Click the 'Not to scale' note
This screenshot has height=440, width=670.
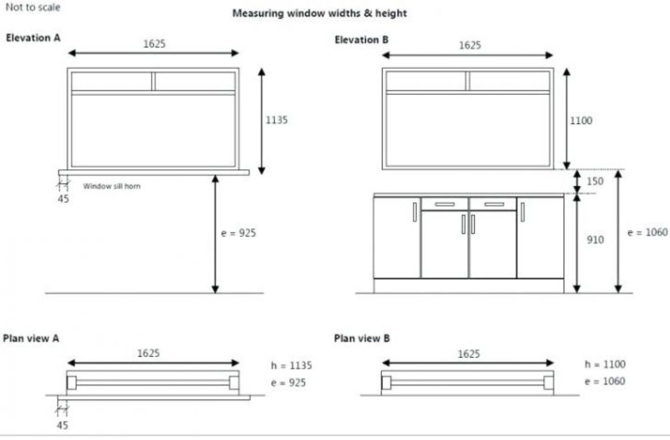(33, 7)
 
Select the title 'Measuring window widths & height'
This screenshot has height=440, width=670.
(319, 13)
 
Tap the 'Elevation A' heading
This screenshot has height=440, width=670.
(33, 38)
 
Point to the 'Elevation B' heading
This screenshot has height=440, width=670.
(361, 40)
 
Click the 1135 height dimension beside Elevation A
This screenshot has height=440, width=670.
(277, 120)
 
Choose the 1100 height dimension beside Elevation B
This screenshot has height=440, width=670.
(581, 120)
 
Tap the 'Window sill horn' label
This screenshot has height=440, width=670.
(112, 186)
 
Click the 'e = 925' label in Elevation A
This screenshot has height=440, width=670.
(238, 233)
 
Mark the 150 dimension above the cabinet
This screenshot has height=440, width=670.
(595, 181)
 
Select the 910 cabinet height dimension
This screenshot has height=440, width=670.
(595, 240)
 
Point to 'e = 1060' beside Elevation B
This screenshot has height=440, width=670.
(647, 232)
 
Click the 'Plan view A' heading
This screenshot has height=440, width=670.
(31, 338)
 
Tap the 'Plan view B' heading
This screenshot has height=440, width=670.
(362, 338)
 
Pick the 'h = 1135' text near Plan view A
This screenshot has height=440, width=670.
(291, 365)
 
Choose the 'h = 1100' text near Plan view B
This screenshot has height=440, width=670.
(605, 364)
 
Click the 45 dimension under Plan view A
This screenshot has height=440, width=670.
(62, 425)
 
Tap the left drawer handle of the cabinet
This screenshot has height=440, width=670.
(445, 204)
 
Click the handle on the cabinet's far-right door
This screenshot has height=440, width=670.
(522, 212)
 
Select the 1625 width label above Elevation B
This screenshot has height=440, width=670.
(470, 45)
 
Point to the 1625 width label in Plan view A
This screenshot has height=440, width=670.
(149, 353)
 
